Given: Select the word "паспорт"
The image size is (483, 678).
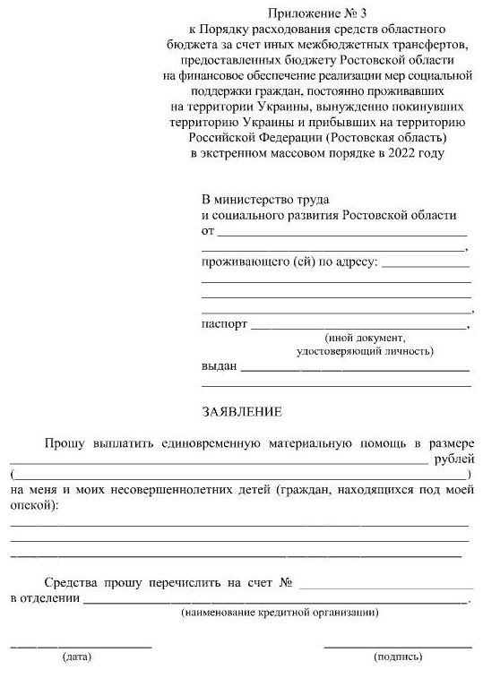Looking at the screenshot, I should click(x=224, y=324).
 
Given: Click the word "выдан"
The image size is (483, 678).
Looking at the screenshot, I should click(x=220, y=366).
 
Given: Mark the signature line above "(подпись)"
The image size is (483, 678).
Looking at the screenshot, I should click(x=397, y=646).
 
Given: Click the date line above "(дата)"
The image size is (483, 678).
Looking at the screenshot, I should click(x=81, y=646).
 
